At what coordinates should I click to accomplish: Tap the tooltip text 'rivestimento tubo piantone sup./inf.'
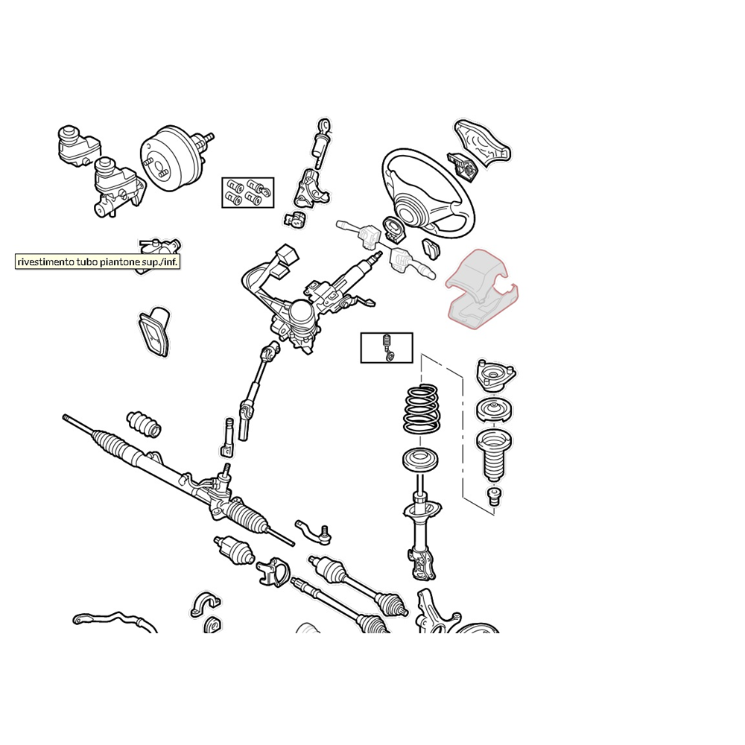point(98,261)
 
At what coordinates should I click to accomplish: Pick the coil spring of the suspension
point(421,409)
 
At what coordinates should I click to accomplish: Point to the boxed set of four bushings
point(248,192)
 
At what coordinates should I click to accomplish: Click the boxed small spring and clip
point(387,348)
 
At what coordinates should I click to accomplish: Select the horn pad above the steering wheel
point(483,142)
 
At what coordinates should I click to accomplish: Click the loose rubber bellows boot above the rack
point(144,423)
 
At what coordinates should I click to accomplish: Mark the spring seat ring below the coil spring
point(420,460)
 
